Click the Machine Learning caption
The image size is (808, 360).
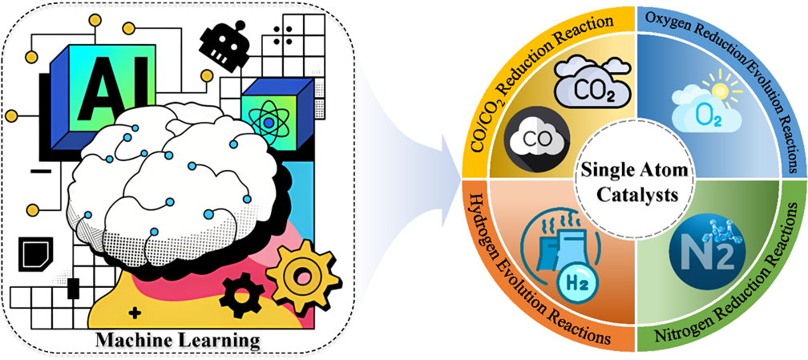(x=178, y=341)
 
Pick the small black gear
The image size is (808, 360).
(x=238, y=294)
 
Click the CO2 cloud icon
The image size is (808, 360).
(x=588, y=81)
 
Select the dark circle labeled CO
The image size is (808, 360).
(x=535, y=139)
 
